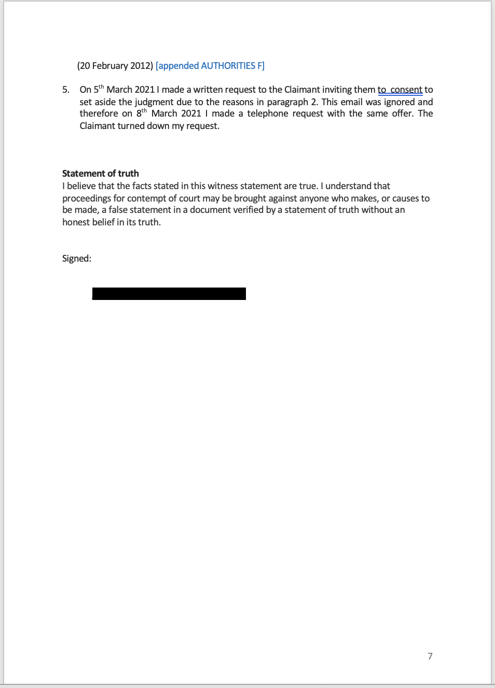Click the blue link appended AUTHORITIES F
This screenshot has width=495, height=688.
(210, 66)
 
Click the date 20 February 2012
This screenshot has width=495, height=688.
(115, 66)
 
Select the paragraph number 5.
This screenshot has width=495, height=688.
(66, 90)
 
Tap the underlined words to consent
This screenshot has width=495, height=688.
(400, 90)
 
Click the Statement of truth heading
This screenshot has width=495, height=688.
(101, 174)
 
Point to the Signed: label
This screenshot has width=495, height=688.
(77, 259)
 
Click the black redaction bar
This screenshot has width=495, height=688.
(169, 294)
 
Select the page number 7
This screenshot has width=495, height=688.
(430, 656)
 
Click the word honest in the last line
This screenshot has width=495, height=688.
(76, 222)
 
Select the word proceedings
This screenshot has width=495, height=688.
(87, 198)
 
